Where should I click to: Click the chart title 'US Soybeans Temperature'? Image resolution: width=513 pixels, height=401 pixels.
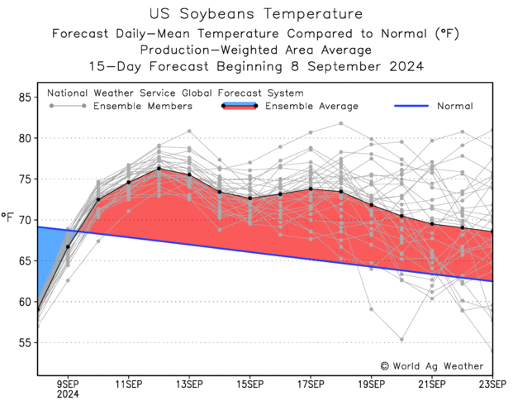(x=256, y=14)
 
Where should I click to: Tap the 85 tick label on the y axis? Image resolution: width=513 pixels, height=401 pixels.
(x=25, y=98)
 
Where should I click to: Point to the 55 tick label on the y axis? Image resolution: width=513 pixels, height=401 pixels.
(x=25, y=342)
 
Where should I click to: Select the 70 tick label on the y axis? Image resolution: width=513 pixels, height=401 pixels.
(x=25, y=220)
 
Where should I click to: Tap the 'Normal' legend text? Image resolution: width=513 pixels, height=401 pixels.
(x=454, y=106)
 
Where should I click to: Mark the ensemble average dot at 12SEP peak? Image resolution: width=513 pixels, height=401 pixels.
(x=159, y=169)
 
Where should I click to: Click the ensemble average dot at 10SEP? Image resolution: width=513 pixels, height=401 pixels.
(x=98, y=199)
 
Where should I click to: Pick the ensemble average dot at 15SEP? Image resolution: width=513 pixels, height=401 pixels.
(x=249, y=198)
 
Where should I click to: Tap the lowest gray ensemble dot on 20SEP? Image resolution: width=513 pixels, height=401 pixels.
(x=401, y=339)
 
